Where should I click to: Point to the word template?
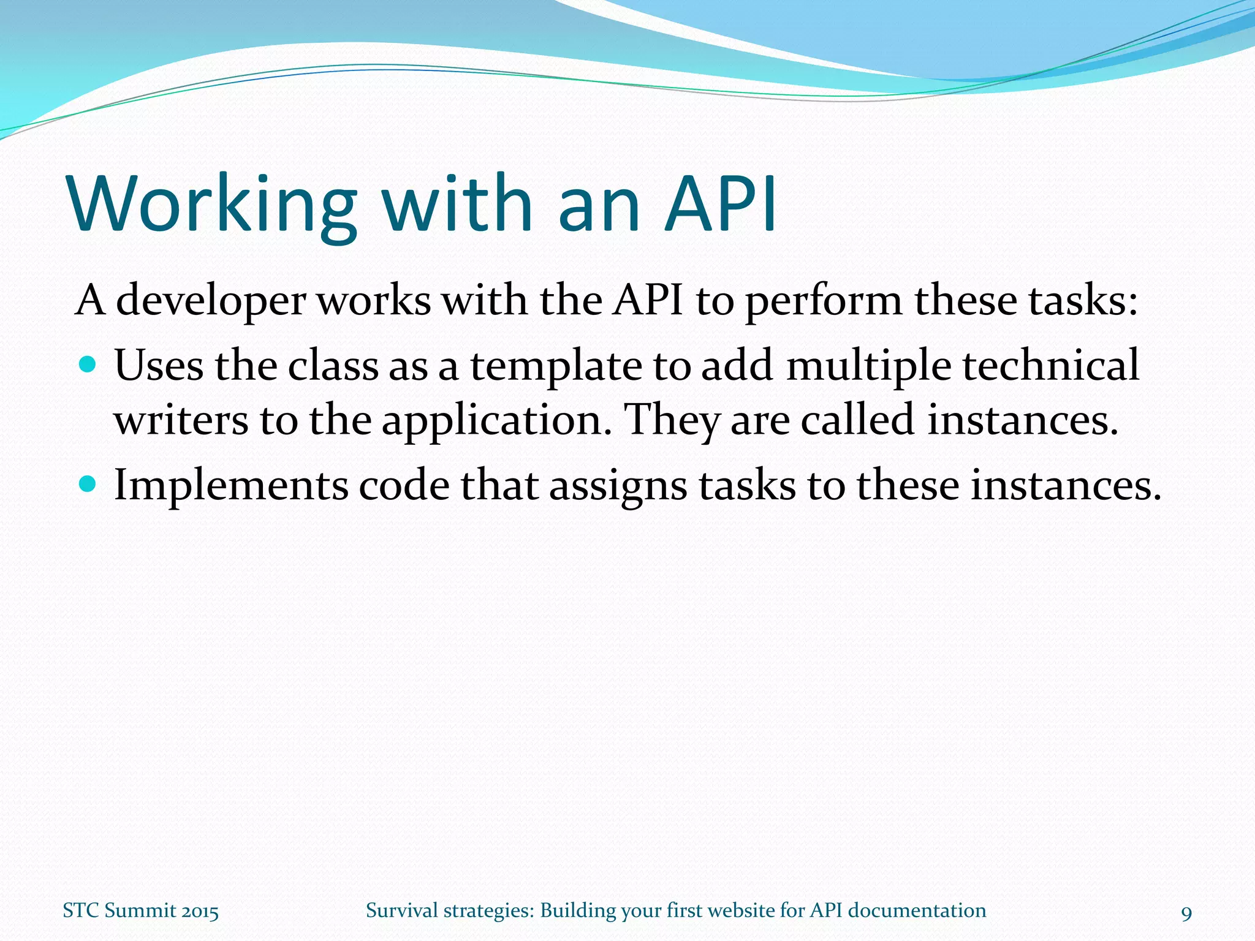(556, 366)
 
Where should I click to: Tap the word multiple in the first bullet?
(868, 366)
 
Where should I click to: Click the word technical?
(1050, 365)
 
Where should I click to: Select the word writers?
(181, 420)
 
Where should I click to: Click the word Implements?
(230, 486)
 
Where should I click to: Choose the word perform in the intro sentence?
(824, 301)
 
